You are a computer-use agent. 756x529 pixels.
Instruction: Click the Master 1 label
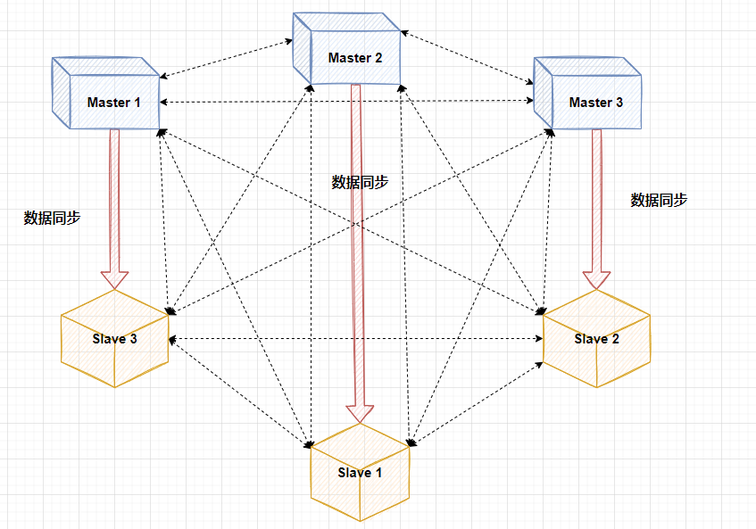pos(113,103)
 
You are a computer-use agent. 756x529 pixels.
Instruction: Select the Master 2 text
pos(354,58)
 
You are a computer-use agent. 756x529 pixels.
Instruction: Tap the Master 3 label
pos(595,103)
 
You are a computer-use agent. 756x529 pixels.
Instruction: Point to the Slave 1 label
pos(360,473)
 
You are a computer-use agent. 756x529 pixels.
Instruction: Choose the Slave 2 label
pos(596,339)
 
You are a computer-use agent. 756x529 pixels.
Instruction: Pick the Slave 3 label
pos(114,339)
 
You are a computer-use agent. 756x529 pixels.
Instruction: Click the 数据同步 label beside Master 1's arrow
pos(52,218)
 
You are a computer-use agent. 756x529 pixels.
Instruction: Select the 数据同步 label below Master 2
pos(360,182)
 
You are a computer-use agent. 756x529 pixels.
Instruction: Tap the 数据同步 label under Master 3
pos(659,200)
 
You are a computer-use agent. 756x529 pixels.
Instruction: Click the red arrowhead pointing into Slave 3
pos(114,278)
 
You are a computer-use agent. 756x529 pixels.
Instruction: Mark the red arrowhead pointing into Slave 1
pos(360,413)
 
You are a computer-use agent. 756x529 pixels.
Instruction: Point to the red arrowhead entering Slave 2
pos(596,278)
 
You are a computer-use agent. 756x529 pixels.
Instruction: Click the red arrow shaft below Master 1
pos(114,196)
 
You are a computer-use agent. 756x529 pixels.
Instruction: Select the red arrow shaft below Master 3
pos(596,196)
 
